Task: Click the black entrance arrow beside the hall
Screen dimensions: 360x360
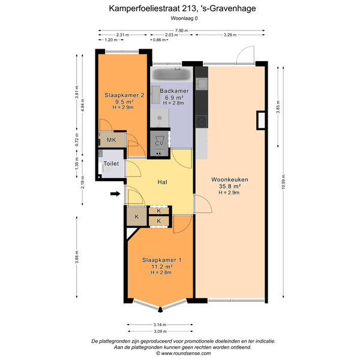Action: point(115,194)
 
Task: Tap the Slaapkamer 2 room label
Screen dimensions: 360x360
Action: point(124,95)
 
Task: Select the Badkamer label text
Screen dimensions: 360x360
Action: point(174,91)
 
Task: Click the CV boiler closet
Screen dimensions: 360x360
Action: point(159,144)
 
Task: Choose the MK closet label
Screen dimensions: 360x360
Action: point(112,140)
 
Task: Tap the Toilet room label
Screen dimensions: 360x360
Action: point(111,164)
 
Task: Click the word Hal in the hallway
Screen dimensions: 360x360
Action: point(163,182)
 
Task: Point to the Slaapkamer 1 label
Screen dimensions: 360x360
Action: point(161,260)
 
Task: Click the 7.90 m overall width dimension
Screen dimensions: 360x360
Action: point(181,31)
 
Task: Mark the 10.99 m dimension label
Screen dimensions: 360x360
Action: point(283,182)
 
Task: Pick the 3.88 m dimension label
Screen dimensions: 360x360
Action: point(77,257)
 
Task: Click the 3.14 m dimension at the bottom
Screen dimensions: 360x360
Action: point(160,325)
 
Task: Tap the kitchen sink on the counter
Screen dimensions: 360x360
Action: point(202,83)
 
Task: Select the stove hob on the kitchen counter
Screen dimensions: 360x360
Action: point(202,122)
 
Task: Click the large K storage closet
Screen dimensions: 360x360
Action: point(137,217)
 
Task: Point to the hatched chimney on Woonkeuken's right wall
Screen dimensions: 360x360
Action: point(261,121)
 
